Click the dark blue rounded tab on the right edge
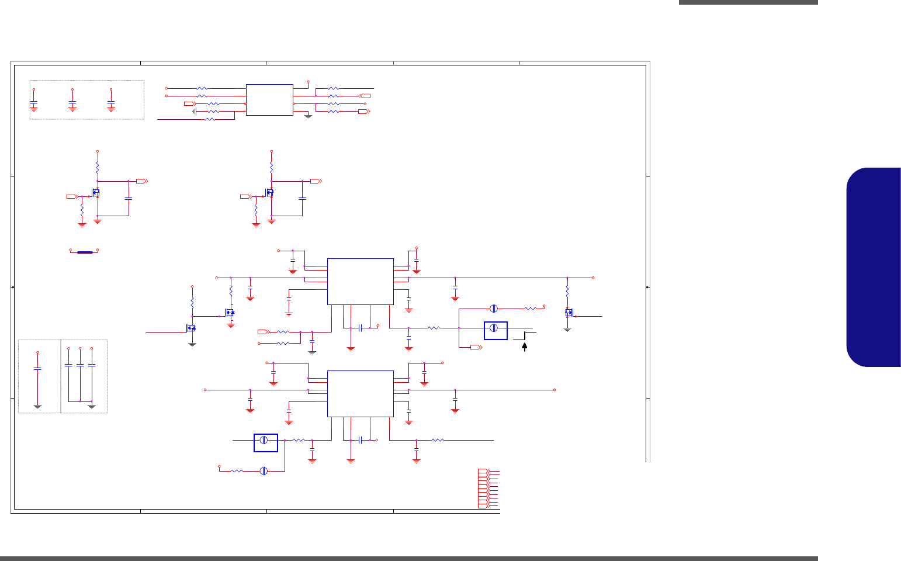pos(874,267)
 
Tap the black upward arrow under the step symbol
pos(525,347)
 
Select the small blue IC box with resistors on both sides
pos(269,99)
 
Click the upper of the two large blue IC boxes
pos(360,281)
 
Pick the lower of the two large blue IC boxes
pos(360,393)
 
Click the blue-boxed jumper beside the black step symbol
pos(495,330)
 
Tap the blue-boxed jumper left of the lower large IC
pos(265,442)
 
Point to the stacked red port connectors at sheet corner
pos(483,488)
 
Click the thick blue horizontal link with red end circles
pos(84,252)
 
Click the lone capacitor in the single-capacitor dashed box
pos(37,369)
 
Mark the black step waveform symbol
pos(525,335)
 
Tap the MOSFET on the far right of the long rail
pos(569,313)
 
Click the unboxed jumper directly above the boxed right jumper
pos(493,308)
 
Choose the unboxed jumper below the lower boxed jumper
pos(264,470)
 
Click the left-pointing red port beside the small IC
pos(365,95)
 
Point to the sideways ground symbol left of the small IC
pos(194,111)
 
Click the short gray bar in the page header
pos(748,2)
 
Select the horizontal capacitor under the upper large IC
pos(361,328)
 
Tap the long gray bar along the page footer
pos(409,559)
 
